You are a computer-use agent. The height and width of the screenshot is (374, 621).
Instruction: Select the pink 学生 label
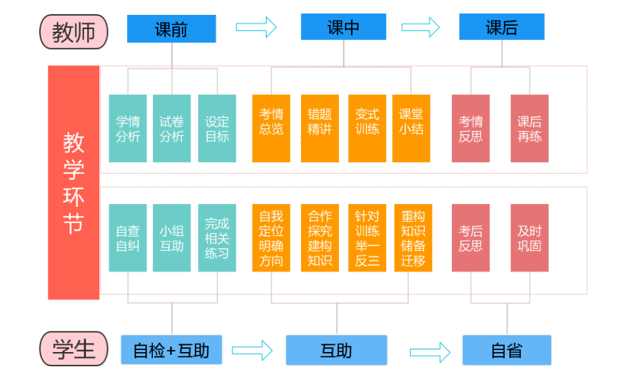[x=74, y=349]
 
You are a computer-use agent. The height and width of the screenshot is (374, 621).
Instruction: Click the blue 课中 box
[x=343, y=27]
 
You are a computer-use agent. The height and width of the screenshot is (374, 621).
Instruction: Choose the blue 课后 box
[x=502, y=27]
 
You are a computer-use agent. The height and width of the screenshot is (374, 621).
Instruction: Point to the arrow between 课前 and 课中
[x=256, y=27]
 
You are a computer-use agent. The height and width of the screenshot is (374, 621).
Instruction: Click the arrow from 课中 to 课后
[x=421, y=27]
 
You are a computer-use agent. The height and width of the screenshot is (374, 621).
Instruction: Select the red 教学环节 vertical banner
[x=74, y=183]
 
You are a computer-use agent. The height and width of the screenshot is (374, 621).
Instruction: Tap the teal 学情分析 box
[x=128, y=129]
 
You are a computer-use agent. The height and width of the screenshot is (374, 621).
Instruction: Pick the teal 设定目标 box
[x=217, y=129]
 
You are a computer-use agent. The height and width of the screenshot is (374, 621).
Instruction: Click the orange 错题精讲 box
[x=320, y=129]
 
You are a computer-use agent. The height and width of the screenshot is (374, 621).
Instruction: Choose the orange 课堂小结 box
[x=411, y=129]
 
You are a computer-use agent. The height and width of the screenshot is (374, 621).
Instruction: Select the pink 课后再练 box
[x=529, y=129]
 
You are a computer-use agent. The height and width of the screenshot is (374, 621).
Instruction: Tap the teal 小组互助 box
[x=172, y=238]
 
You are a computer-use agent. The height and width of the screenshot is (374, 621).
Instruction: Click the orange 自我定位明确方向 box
[x=271, y=238]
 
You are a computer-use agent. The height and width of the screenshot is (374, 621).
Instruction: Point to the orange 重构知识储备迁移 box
[x=413, y=238]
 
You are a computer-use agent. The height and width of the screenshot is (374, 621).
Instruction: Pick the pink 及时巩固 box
[x=529, y=238]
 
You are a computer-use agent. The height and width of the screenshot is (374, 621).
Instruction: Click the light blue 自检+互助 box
[x=172, y=350]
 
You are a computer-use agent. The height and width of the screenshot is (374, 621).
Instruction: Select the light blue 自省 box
[x=507, y=351]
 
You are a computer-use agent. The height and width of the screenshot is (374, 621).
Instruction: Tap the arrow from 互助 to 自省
[x=430, y=352]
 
